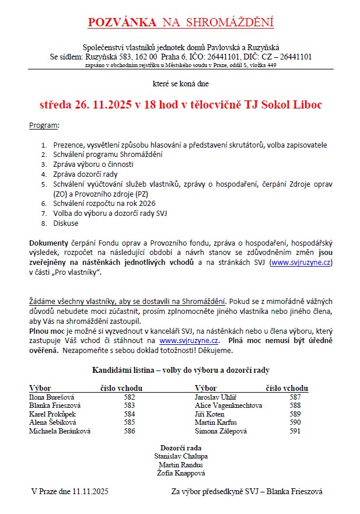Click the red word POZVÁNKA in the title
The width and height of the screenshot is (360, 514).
122,23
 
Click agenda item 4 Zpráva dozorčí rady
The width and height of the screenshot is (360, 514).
85,174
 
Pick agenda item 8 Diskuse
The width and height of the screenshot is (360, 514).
65,223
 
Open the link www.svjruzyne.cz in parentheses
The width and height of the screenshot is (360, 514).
301,263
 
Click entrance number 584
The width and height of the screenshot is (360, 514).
130,414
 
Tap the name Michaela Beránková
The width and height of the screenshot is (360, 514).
60,431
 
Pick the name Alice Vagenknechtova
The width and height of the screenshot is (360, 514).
228,405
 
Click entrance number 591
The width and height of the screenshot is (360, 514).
295,431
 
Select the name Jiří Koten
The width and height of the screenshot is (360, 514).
209,414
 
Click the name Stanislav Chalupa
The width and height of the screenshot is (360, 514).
180,456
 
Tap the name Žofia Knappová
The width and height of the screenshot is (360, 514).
180,473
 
